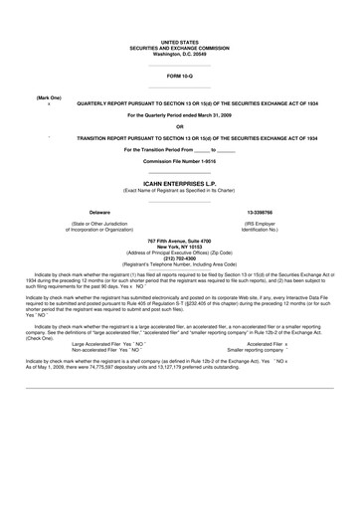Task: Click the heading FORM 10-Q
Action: [x=179, y=75]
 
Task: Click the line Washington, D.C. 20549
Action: [x=179, y=53]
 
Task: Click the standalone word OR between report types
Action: [x=179, y=126]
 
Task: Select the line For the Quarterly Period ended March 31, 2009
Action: [x=179, y=115]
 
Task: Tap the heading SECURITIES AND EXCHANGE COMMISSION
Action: [x=179, y=47]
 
